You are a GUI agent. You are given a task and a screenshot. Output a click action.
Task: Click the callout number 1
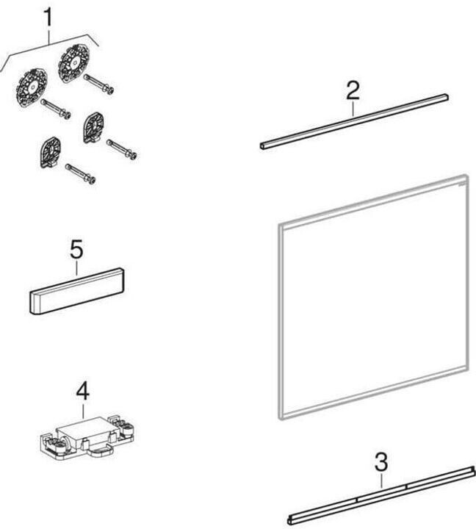point(49,17)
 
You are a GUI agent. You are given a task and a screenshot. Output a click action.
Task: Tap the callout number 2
point(353,90)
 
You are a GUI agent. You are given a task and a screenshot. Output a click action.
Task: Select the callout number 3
point(381,464)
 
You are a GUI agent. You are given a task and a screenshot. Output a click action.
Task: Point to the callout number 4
point(82,391)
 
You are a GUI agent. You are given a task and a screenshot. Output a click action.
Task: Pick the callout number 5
point(76,250)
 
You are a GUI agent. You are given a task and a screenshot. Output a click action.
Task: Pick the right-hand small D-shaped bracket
point(93,128)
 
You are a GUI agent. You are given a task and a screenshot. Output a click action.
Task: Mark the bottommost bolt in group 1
point(80,173)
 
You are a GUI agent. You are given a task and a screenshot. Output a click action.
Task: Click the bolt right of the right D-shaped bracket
point(122,149)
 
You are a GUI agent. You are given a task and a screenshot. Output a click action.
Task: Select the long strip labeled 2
point(354,120)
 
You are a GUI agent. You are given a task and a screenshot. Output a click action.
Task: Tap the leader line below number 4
point(82,410)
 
